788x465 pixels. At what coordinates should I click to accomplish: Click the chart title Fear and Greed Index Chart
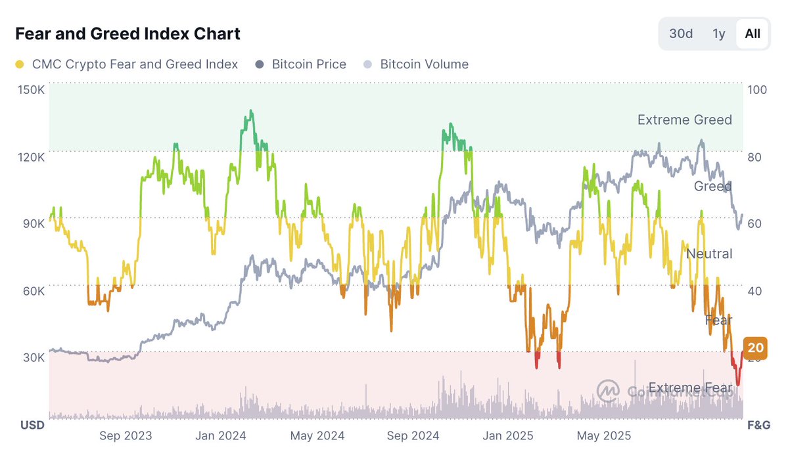tap(127, 33)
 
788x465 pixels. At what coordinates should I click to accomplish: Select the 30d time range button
tap(681, 33)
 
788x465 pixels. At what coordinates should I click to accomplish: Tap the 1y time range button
tap(719, 33)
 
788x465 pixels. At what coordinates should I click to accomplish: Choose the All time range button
tap(753, 33)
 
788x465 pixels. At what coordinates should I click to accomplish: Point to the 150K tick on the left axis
tap(32, 90)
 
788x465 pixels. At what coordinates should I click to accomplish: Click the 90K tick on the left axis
tap(32, 224)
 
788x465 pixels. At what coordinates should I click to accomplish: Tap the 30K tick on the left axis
tap(32, 358)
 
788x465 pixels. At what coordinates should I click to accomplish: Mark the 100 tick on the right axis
tap(757, 90)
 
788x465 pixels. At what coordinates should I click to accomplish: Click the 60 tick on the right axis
tap(754, 224)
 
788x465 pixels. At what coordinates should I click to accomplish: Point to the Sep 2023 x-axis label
tap(126, 435)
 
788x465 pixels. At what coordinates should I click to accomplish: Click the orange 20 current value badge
tap(755, 348)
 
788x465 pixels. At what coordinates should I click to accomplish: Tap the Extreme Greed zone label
tap(684, 120)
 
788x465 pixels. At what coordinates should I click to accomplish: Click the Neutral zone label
tap(709, 254)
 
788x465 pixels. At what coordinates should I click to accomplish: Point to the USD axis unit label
tap(32, 425)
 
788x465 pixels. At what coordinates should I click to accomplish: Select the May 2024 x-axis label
tap(317, 435)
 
